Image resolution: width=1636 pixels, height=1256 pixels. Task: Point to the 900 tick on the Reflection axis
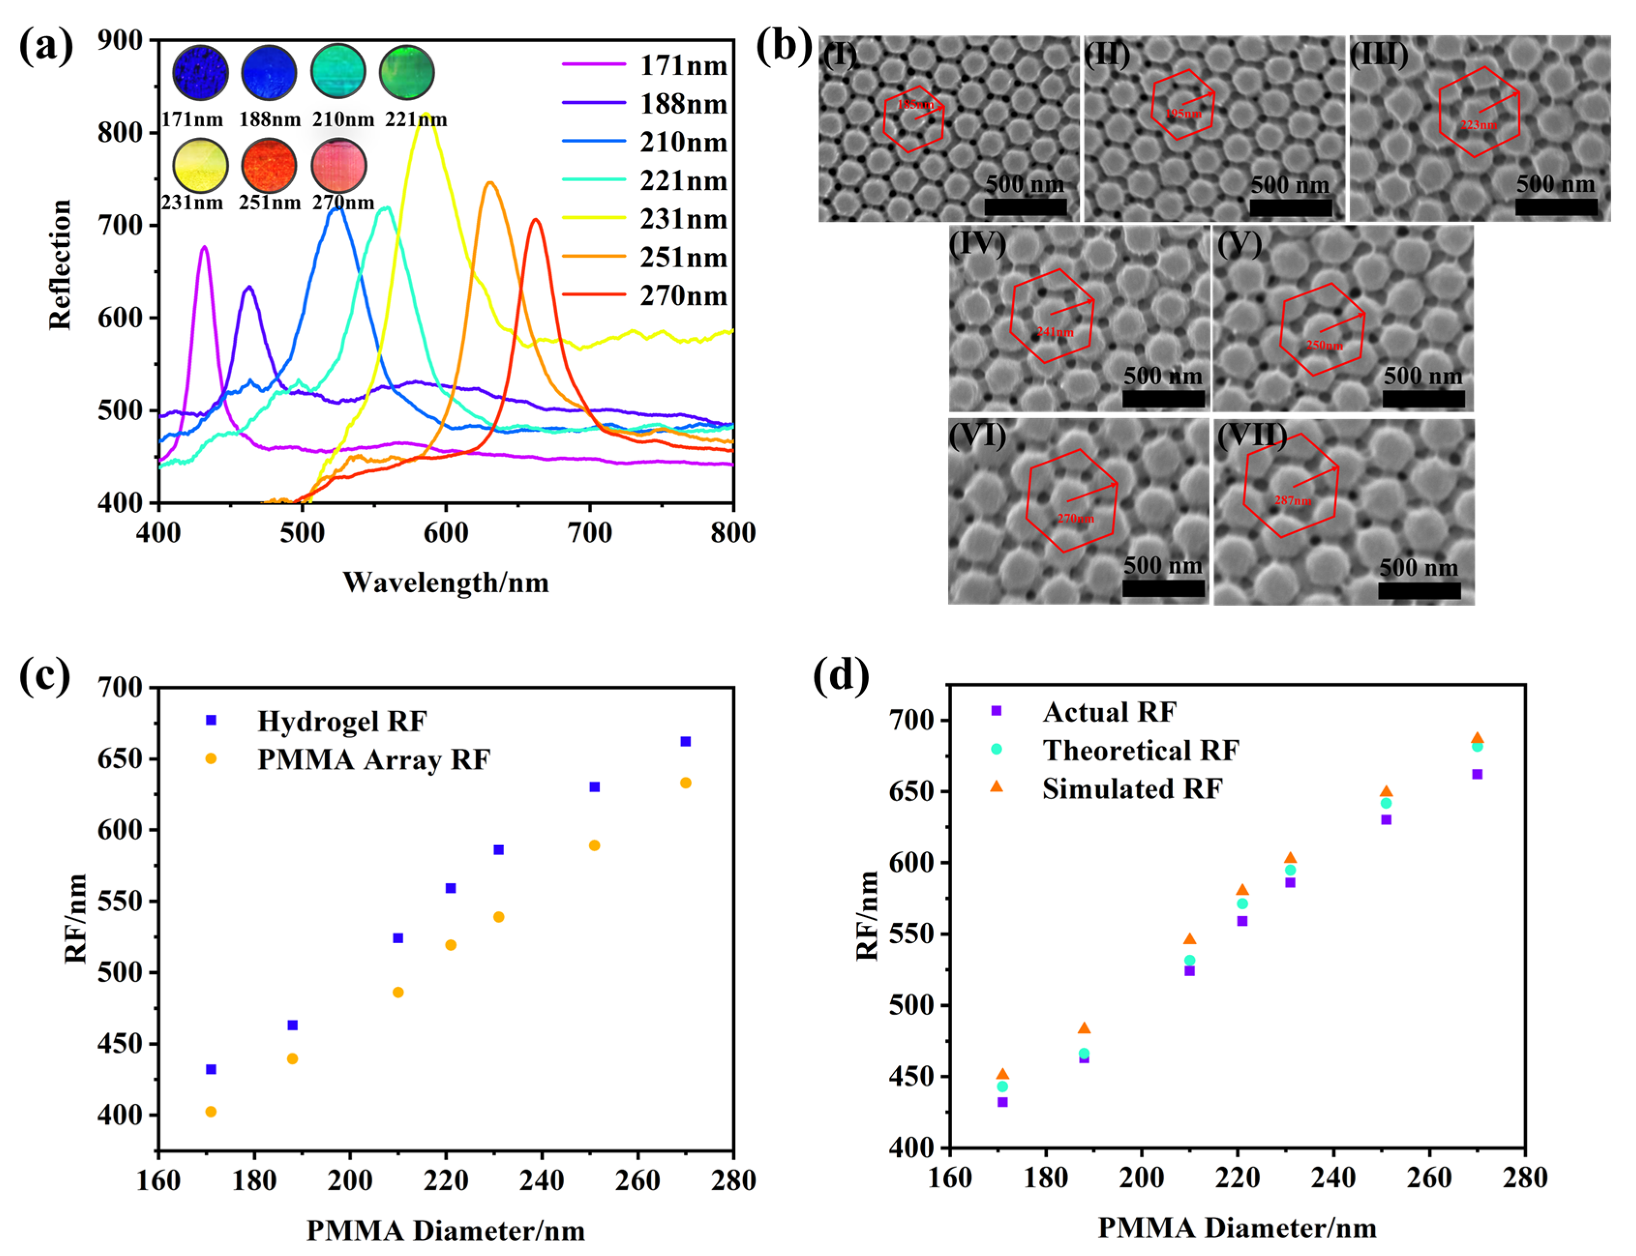coord(121,41)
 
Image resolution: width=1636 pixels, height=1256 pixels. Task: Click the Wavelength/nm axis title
coord(446,583)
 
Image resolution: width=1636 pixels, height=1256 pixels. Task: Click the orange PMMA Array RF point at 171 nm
coord(211,1112)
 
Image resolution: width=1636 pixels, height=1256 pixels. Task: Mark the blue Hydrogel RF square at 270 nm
coord(685,742)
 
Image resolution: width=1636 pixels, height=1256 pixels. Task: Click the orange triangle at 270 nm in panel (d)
coord(1477,738)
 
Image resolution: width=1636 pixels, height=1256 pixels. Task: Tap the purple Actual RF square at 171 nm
coord(1002,1102)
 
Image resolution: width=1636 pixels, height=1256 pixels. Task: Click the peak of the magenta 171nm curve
coord(204,248)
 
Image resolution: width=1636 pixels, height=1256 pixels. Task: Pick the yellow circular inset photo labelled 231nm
coord(200,165)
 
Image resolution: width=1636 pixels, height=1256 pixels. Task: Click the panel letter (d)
coord(841,676)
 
